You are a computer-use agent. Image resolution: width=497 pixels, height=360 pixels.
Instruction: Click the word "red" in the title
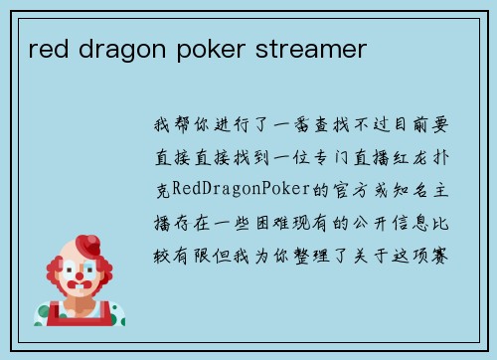pyautogui.click(x=46, y=48)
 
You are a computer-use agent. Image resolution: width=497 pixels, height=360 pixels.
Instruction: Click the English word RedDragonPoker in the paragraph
pyautogui.click(x=228, y=188)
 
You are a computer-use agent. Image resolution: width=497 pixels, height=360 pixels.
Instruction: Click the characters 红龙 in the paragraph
pyautogui.click(x=407, y=156)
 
